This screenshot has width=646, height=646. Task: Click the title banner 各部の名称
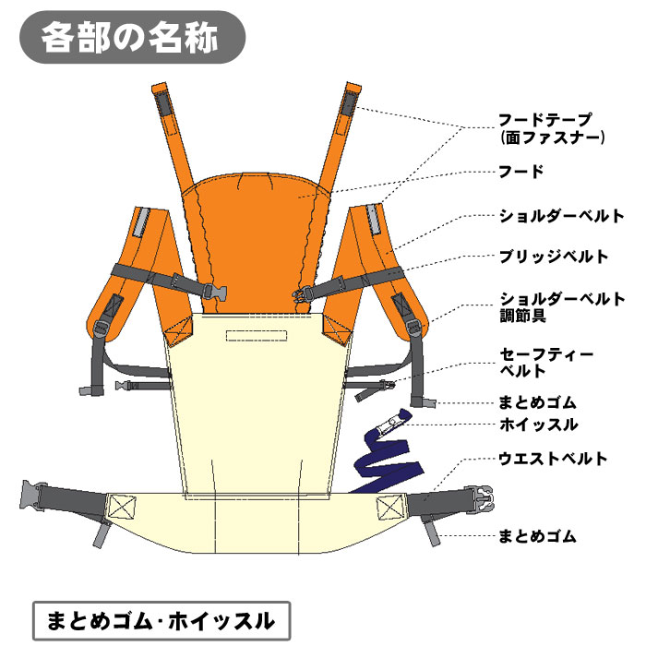(x=132, y=38)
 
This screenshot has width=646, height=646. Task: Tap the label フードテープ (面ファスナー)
(x=552, y=128)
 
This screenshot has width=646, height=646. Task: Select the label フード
(x=521, y=171)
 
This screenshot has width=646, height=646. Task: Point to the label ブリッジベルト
(x=554, y=257)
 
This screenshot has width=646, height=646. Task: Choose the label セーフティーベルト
(x=546, y=363)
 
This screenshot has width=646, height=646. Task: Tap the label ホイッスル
(x=539, y=425)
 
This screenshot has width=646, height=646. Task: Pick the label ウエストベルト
(x=553, y=459)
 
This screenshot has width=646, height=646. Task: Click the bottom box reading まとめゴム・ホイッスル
(x=161, y=621)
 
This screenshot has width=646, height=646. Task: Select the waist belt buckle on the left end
(x=31, y=496)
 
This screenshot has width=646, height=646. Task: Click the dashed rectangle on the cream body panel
(x=257, y=335)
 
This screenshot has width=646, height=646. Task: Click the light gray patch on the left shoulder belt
(x=141, y=222)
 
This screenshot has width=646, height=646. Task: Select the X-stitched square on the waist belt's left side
(x=121, y=508)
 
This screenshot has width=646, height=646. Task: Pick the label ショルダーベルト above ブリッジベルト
(x=562, y=216)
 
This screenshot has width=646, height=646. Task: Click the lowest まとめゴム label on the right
(x=537, y=536)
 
